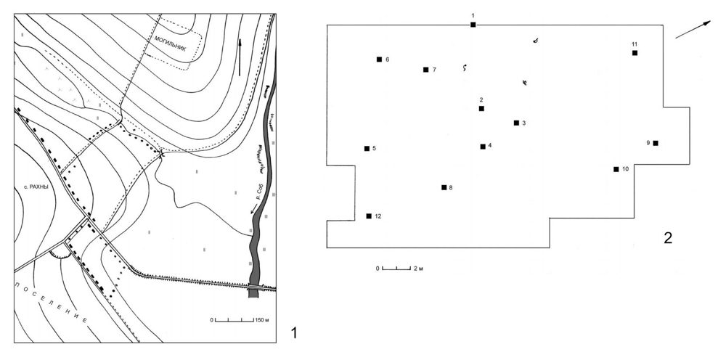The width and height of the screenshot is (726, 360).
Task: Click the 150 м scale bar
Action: (x=234, y=320)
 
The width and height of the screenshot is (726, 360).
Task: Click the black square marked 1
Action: (x=473, y=25)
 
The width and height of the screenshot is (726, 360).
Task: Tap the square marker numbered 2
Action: (x=481, y=109)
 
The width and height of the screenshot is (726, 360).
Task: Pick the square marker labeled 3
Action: (x=516, y=123)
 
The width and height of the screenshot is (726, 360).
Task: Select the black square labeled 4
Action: (x=483, y=147)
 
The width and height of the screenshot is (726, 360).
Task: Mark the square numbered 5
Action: (x=367, y=149)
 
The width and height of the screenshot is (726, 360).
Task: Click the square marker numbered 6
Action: (x=379, y=60)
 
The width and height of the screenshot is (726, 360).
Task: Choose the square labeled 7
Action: (x=425, y=70)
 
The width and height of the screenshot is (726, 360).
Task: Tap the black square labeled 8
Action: (x=444, y=187)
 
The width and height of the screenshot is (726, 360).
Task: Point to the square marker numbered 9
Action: (x=656, y=143)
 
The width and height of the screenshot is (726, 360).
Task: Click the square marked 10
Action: (x=616, y=169)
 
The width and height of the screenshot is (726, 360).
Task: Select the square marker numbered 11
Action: (x=635, y=53)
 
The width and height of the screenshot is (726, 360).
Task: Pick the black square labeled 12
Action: (x=369, y=216)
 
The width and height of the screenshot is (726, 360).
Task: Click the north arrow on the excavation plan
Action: (x=693, y=30)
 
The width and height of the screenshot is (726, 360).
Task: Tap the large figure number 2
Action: (x=668, y=238)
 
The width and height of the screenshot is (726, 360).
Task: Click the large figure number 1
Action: (x=293, y=332)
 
